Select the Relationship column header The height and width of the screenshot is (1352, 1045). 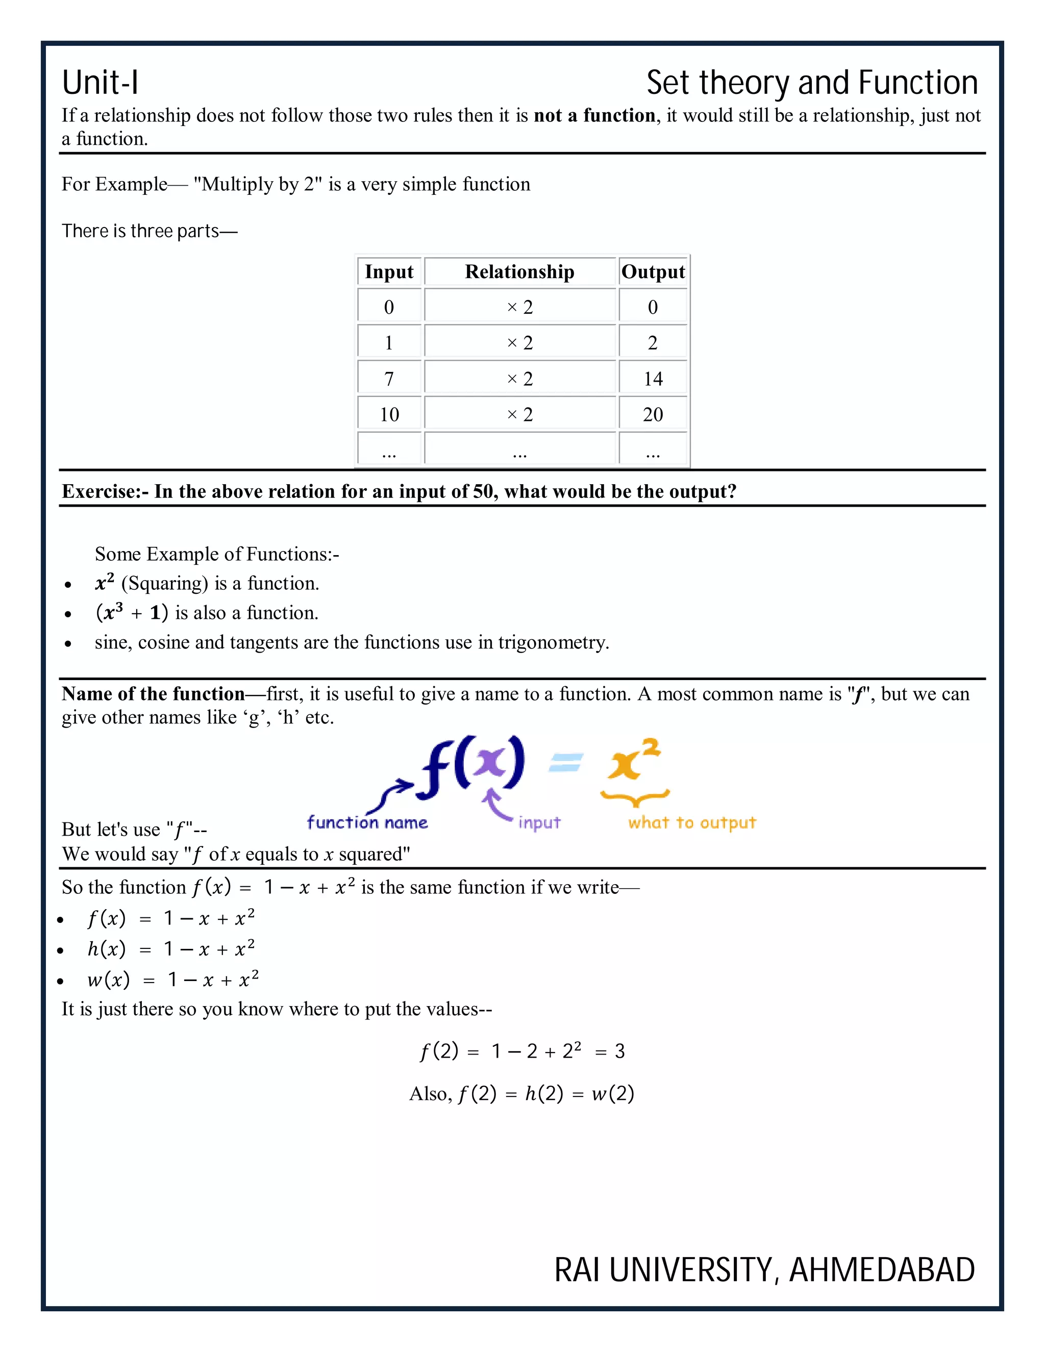pyautogui.click(x=519, y=272)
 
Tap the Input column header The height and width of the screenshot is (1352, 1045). pyautogui.click(x=389, y=272)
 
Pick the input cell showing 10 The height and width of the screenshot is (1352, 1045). pyautogui.click(x=389, y=415)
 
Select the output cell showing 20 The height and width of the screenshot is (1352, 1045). pyautogui.click(x=653, y=415)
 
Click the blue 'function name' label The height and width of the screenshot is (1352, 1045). pyautogui.click(x=367, y=823)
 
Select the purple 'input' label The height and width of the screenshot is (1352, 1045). pyautogui.click(x=539, y=823)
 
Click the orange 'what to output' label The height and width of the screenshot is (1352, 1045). pyautogui.click(x=692, y=823)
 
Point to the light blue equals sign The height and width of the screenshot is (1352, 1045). pyautogui.click(x=566, y=763)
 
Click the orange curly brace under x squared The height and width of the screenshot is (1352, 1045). pyautogui.click(x=635, y=798)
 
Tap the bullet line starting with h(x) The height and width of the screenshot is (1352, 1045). pyautogui.click(x=170, y=949)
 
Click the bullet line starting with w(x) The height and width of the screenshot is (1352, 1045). pyautogui.click(x=173, y=980)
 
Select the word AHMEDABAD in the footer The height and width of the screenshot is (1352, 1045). pyautogui.click(x=882, y=1270)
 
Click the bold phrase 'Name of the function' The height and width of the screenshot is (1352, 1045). pyautogui.click(x=153, y=694)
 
